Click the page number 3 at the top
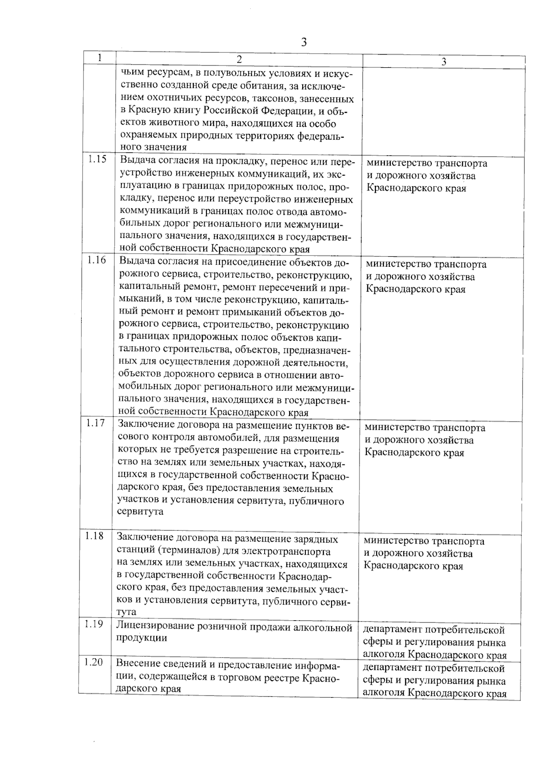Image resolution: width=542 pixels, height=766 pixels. [304, 42]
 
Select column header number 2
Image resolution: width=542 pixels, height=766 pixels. [239, 59]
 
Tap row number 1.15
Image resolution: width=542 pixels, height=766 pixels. [97, 159]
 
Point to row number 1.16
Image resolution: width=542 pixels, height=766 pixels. [97, 260]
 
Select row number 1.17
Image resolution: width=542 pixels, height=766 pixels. [95, 423]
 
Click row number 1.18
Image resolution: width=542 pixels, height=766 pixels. [94, 536]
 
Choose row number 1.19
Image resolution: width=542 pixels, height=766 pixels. [94, 624]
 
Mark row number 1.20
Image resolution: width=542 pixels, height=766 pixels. [93, 663]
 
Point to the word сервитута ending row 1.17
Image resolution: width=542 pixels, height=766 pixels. [140, 512]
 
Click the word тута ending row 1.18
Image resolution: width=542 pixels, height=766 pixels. [126, 613]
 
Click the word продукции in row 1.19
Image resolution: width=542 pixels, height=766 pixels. [141, 638]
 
